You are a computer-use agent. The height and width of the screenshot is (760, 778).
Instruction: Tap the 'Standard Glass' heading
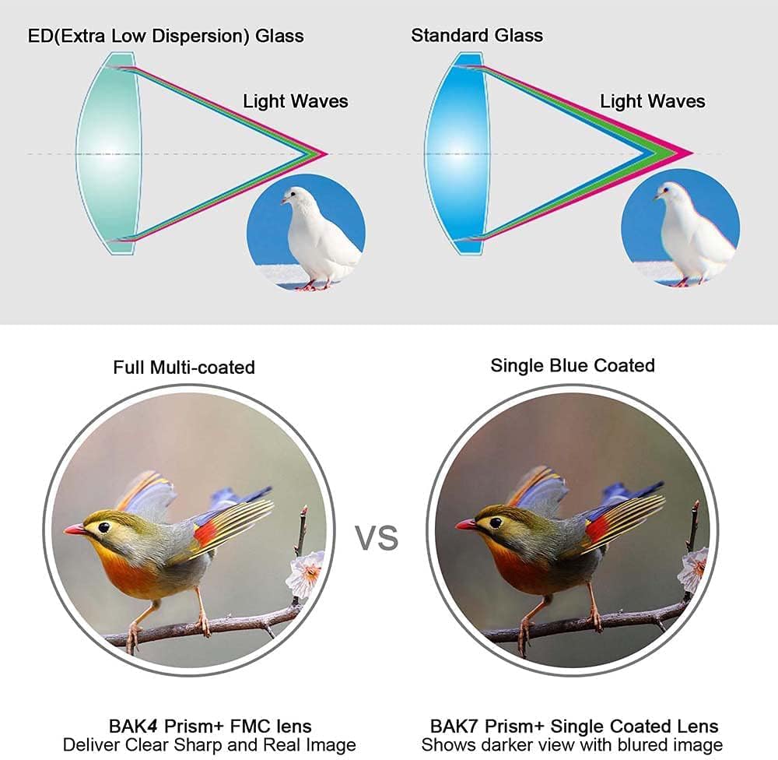(x=477, y=35)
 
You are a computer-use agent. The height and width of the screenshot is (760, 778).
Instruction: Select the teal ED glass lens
(x=109, y=154)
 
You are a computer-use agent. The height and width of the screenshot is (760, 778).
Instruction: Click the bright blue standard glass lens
(x=457, y=154)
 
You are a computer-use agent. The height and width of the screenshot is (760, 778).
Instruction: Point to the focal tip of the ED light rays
(x=327, y=154)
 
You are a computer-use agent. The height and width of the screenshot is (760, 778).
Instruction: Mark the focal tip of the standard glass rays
(x=692, y=153)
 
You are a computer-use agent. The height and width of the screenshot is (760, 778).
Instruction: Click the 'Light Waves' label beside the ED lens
(x=295, y=101)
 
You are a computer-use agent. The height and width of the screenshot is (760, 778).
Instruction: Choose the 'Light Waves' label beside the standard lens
(x=653, y=101)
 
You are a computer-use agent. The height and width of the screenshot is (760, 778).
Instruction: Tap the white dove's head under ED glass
(x=294, y=196)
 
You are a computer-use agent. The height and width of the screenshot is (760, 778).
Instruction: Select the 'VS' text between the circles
(x=377, y=537)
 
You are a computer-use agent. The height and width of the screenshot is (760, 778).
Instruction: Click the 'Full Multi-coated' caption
(x=184, y=368)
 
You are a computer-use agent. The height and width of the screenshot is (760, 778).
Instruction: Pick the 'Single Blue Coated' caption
(x=573, y=366)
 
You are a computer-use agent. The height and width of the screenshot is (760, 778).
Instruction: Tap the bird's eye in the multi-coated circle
(x=103, y=527)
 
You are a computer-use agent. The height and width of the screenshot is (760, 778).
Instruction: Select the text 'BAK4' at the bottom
(x=133, y=726)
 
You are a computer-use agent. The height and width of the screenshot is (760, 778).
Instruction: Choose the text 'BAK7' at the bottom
(x=454, y=726)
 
